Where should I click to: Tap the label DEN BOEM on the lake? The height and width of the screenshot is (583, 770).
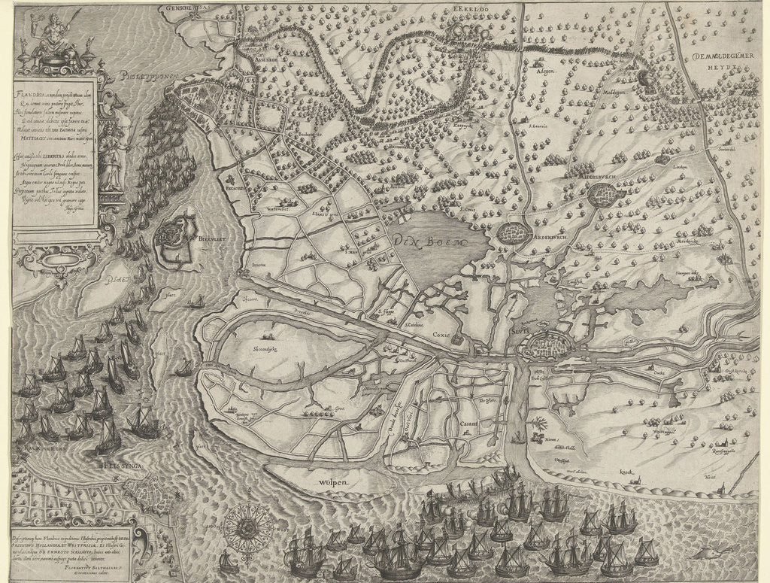428,242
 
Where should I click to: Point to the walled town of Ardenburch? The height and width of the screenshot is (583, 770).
513,232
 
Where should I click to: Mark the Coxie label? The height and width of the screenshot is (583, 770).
439,326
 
